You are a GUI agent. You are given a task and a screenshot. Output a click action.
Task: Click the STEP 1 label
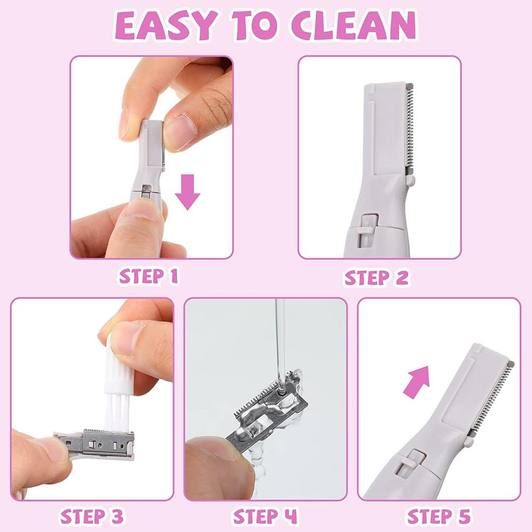pyautogui.click(x=148, y=276)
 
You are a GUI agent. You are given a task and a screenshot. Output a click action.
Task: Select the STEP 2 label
pyautogui.click(x=376, y=278)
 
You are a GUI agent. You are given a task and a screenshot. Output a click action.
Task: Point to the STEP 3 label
pyautogui.click(x=92, y=517)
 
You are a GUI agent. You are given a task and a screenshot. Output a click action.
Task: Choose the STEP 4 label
pyautogui.click(x=265, y=517)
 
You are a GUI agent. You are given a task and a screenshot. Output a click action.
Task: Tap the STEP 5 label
pyautogui.click(x=439, y=517)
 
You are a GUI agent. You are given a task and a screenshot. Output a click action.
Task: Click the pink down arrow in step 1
pyautogui.click(x=188, y=192)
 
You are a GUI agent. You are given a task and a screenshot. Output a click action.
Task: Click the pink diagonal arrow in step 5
pyautogui.click(x=417, y=381)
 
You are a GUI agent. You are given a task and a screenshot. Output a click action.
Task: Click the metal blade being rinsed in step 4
pyautogui.click(x=268, y=407)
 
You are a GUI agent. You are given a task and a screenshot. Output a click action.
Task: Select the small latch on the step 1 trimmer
pyautogui.click(x=147, y=190)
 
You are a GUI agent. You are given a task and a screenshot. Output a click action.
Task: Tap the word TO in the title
pyautogui.click(x=253, y=26)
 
